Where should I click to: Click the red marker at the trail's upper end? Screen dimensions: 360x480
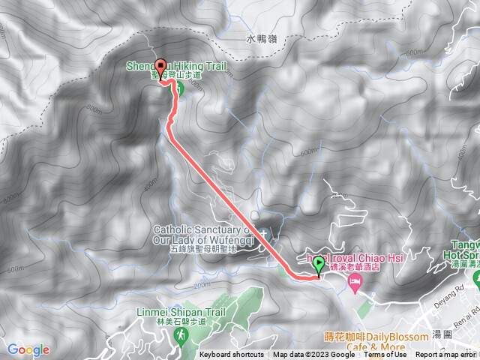(160, 66)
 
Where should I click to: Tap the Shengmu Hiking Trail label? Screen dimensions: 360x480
(175, 65)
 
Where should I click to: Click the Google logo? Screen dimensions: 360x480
(28, 349)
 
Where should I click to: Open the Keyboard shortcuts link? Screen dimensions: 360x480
(232, 355)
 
